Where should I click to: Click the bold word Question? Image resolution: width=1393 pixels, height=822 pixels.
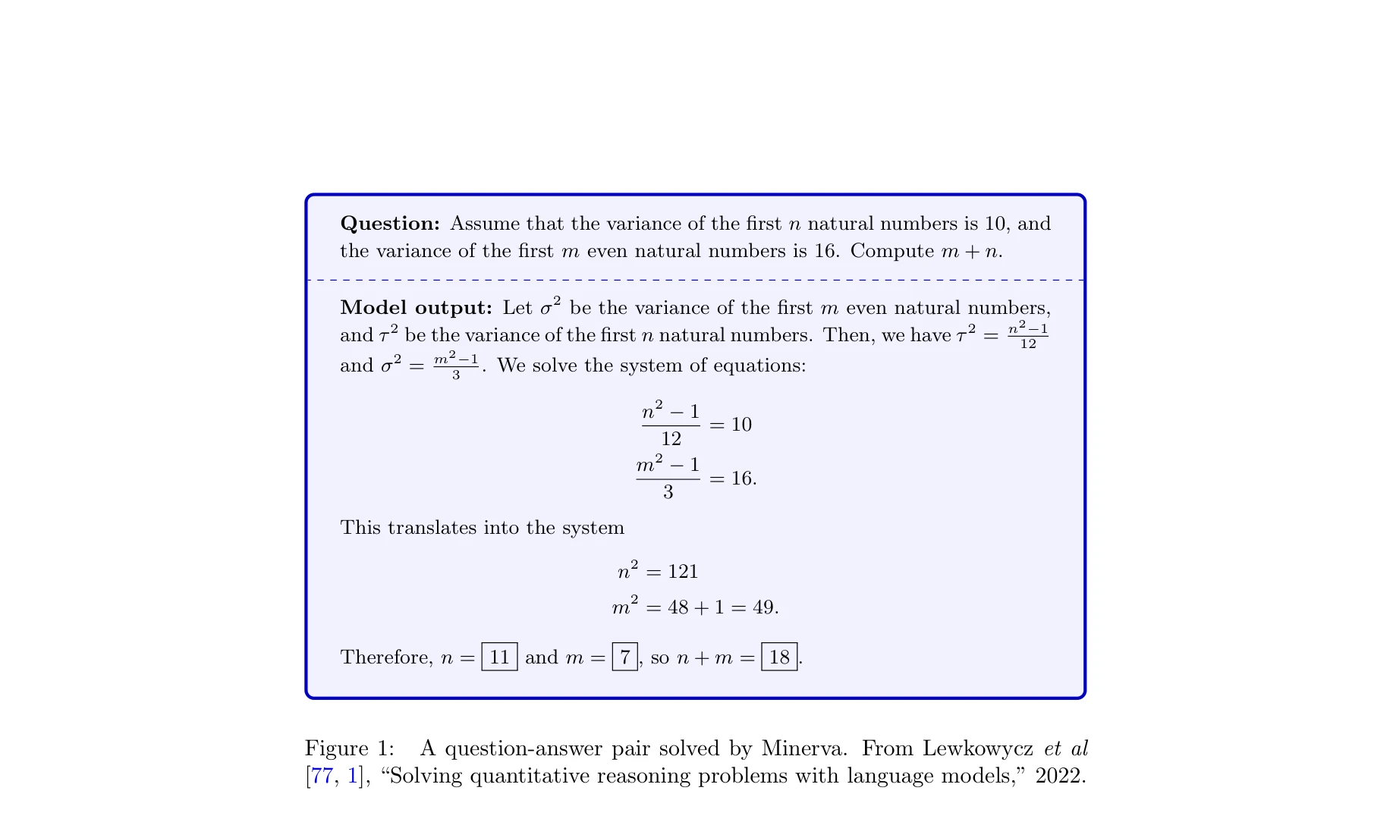pos(390,224)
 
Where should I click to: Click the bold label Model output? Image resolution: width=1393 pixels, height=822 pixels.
pos(417,308)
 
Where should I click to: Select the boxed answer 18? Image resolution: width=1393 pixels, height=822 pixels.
pos(779,657)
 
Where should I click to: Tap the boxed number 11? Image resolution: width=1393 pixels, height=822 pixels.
pos(499,657)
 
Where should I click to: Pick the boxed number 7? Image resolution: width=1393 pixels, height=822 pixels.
pos(624,657)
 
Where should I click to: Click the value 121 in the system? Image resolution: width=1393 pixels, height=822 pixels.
pos(683,572)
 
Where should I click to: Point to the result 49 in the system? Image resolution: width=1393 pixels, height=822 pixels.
pos(764,607)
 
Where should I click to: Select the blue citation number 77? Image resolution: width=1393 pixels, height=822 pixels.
pos(322,776)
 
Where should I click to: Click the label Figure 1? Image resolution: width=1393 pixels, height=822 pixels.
pos(350,748)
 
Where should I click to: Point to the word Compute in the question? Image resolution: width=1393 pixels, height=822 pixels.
pos(892,251)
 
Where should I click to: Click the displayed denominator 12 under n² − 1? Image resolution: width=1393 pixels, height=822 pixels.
pos(671,439)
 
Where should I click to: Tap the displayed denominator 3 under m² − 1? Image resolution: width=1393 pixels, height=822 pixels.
pos(668,492)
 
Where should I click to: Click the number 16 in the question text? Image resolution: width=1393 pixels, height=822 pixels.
pos(825,251)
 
